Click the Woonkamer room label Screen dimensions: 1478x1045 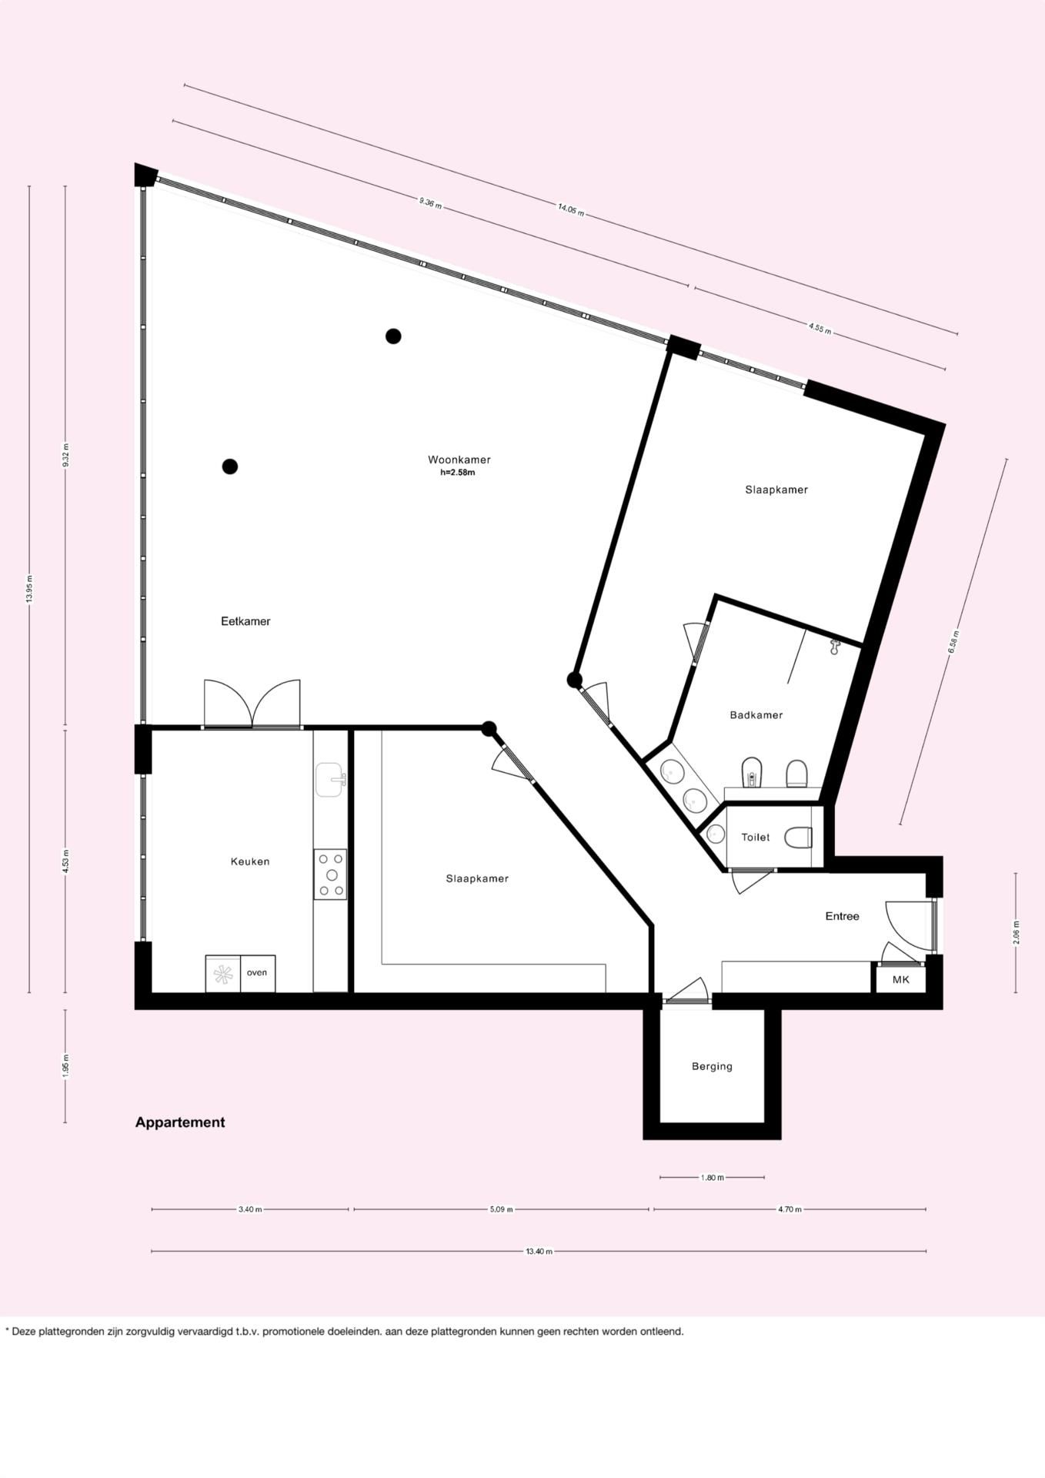[x=459, y=460]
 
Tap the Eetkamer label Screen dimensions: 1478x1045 [x=245, y=621]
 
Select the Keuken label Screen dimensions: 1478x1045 [x=250, y=861]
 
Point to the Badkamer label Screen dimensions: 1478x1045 [x=756, y=715]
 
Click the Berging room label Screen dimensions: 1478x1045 [x=712, y=1066]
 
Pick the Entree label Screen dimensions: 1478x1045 [x=842, y=916]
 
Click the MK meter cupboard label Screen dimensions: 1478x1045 [x=900, y=980]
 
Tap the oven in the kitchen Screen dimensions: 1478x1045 [x=257, y=973]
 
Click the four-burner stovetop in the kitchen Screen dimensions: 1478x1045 [x=330, y=874]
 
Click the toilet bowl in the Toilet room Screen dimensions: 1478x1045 [x=798, y=838]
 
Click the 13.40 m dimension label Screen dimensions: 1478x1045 [x=539, y=1251]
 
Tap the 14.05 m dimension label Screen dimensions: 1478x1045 [x=571, y=209]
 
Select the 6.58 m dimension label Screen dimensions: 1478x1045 [x=954, y=642]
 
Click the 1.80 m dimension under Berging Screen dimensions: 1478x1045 [x=712, y=1177]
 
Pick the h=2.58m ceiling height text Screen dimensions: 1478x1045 [x=458, y=473]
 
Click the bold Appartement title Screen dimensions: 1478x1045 [x=180, y=1122]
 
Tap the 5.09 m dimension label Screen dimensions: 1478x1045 [x=501, y=1209]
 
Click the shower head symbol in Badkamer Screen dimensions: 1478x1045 [x=834, y=647]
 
